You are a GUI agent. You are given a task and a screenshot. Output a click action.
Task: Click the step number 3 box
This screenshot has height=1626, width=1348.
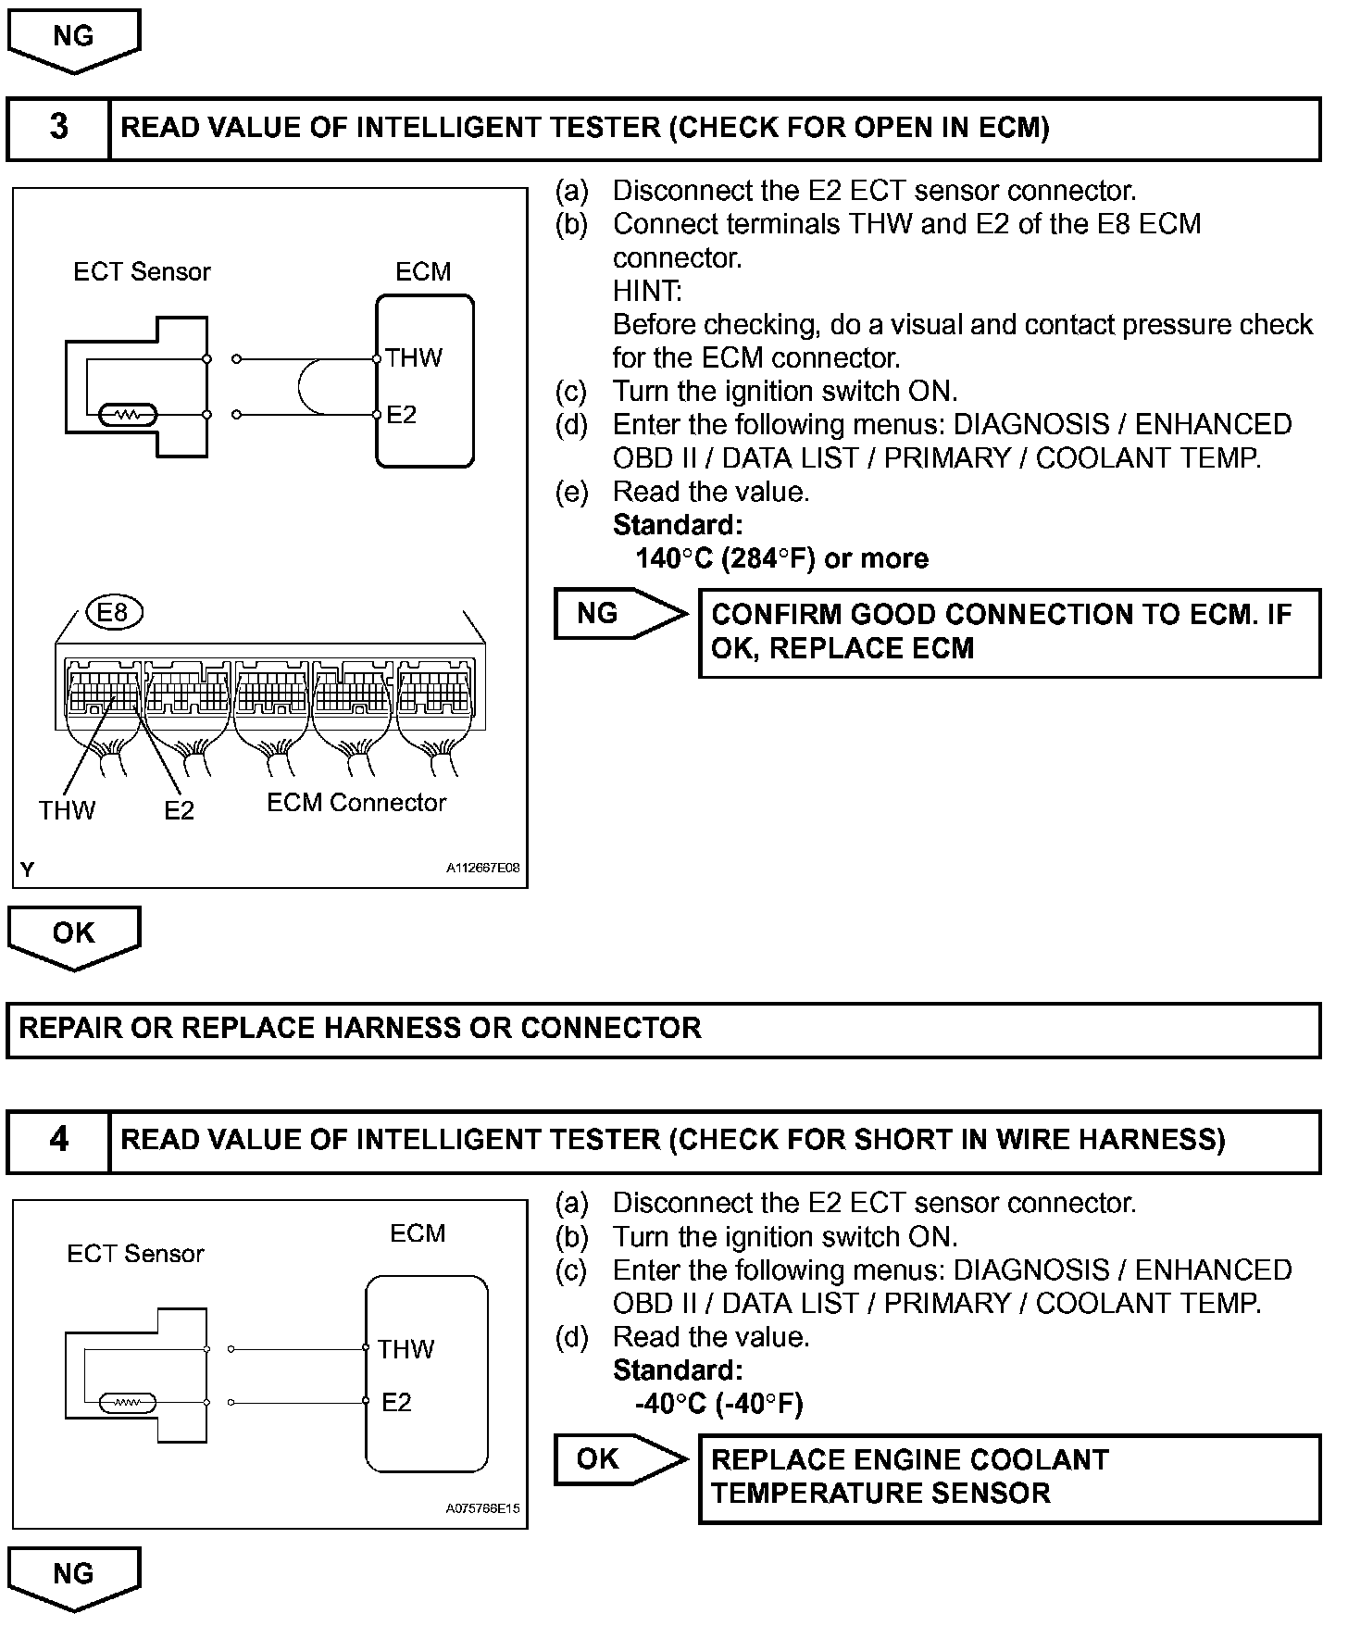click(58, 128)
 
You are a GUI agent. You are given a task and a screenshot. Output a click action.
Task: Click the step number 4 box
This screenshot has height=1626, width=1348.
click(58, 1140)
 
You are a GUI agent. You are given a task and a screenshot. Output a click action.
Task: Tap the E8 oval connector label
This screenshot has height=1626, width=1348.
click(113, 612)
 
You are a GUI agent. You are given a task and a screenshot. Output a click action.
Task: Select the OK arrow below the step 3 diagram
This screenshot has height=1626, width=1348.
click(74, 935)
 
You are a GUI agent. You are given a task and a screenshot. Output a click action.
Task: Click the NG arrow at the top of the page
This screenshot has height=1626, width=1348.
click(74, 39)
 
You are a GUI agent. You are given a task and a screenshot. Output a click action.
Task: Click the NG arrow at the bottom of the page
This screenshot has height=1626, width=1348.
click(74, 1576)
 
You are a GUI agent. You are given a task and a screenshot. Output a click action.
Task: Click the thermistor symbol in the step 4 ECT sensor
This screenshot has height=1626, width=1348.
click(128, 1403)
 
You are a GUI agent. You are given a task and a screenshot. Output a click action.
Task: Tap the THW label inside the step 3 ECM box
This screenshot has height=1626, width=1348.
click(414, 358)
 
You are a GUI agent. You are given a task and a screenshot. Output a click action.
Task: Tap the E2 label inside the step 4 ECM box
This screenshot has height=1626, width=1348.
click(396, 1403)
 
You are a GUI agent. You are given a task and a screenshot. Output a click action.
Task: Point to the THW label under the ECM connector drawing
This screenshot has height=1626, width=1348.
click(67, 811)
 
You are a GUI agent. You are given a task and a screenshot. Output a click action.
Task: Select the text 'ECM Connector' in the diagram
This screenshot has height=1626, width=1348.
click(356, 803)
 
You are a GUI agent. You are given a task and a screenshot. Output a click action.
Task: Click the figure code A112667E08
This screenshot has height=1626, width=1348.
click(483, 869)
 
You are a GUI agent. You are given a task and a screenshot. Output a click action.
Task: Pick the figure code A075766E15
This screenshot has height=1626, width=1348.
click(483, 1508)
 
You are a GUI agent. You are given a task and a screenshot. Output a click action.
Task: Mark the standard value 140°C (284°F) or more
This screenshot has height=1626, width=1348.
click(782, 558)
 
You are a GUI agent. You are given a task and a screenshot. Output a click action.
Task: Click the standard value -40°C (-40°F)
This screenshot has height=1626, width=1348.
click(719, 1404)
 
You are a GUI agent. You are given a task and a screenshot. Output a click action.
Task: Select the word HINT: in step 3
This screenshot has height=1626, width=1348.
click(647, 292)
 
